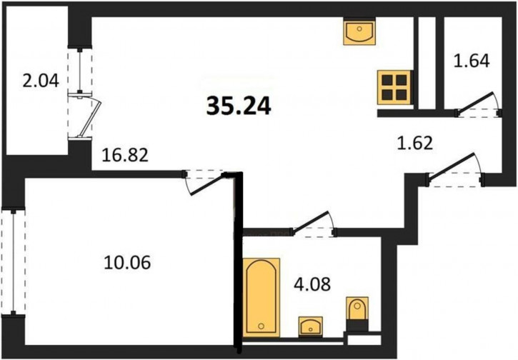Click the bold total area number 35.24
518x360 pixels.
tap(239, 106)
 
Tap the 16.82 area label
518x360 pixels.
tap(125, 155)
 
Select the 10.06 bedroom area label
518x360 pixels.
tap(127, 263)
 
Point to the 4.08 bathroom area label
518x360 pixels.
tap(312, 284)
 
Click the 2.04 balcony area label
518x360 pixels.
tap(41, 81)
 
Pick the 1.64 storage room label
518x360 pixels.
tap(472, 61)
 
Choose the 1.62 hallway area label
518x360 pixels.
tap(415, 144)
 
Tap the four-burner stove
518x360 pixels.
tap(394, 88)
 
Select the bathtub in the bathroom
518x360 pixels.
tap(262, 297)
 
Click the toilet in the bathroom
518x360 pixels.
tap(357, 308)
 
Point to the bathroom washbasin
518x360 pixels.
tap(310, 326)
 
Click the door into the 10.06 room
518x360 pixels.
tap(205, 183)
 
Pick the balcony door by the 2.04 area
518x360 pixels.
tap(85, 116)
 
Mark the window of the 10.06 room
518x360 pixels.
tap(13, 261)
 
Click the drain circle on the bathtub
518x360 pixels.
tap(262, 326)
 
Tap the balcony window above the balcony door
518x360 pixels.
tap(80, 71)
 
